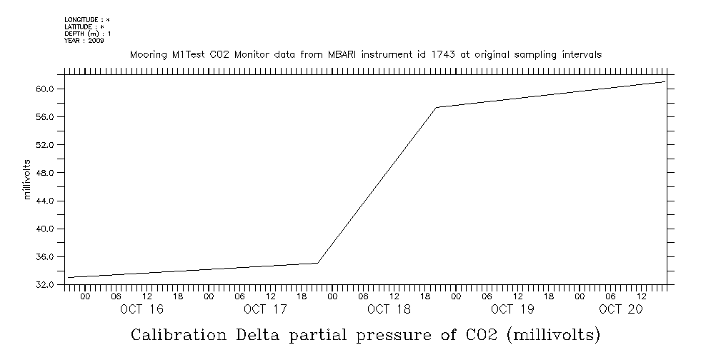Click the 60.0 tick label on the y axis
click(x=45, y=89)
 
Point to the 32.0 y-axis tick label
click(x=45, y=284)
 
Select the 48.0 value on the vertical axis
click(x=45, y=173)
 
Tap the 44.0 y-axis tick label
click(x=45, y=201)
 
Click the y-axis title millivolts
click(x=28, y=180)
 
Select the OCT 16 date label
click(x=141, y=309)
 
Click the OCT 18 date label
click(x=389, y=309)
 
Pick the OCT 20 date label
click(x=620, y=309)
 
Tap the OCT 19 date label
click(x=512, y=309)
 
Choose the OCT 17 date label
click(x=265, y=309)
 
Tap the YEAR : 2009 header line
click(x=84, y=41)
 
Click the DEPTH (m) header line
click(x=87, y=34)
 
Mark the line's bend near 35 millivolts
click(x=318, y=263)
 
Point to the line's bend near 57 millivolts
click(x=436, y=107)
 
